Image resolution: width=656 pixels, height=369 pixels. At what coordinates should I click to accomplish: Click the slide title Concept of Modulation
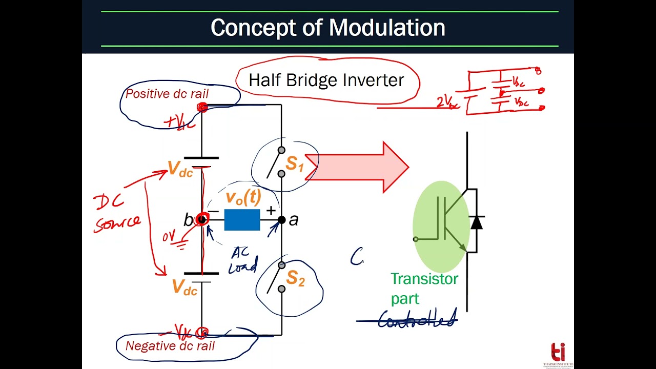(x=327, y=27)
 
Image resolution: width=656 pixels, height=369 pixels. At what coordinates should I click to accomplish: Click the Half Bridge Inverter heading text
(x=326, y=80)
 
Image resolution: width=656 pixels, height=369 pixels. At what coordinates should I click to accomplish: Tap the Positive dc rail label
(x=167, y=94)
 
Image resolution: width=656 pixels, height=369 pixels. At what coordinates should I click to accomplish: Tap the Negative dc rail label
(x=170, y=346)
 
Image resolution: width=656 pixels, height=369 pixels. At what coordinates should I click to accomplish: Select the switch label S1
(x=295, y=164)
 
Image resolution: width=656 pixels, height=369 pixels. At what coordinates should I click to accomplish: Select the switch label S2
(x=295, y=278)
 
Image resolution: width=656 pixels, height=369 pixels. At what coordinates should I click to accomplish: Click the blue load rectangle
(x=242, y=220)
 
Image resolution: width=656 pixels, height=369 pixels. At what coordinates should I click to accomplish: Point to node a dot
(x=281, y=220)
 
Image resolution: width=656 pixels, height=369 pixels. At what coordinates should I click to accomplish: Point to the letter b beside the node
(x=188, y=220)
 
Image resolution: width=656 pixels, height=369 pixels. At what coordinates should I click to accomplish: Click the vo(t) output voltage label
(x=243, y=197)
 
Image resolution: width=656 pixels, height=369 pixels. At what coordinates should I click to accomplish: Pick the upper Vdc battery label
(x=180, y=170)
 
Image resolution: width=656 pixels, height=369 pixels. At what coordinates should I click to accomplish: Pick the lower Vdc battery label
(x=184, y=288)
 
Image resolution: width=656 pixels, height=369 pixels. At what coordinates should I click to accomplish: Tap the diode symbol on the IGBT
(x=477, y=222)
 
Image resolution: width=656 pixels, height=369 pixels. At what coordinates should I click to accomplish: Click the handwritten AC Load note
(x=242, y=260)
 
